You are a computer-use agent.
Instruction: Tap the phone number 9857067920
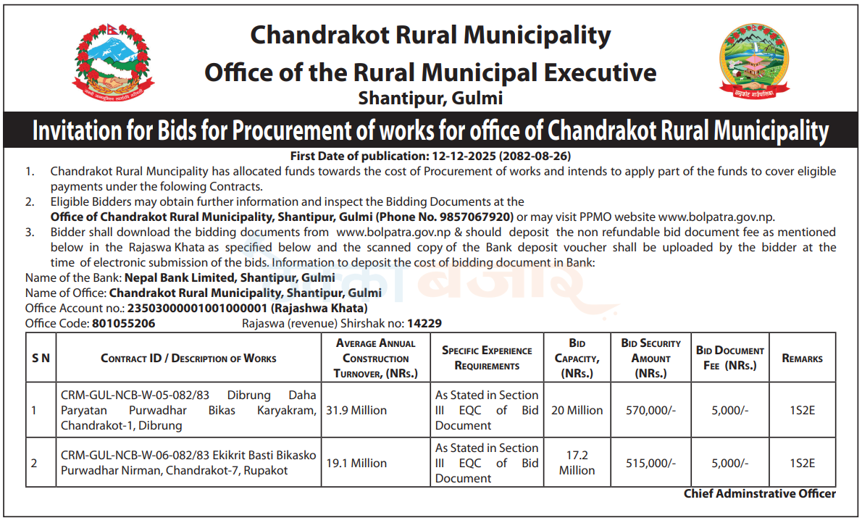pos(475,217)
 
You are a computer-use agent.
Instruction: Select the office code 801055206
pos(124,324)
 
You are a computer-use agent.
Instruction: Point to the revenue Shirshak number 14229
pos(424,324)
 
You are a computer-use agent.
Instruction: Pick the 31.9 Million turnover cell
pos(356,410)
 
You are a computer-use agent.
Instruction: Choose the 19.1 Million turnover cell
pos(356,463)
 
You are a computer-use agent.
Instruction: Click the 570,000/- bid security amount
pos(650,410)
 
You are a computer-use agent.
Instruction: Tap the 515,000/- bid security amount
pos(650,463)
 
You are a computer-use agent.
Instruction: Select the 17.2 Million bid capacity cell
pos(577,463)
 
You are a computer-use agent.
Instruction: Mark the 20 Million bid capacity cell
pos(577,410)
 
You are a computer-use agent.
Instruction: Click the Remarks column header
pos(802,359)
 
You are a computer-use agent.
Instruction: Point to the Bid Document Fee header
pos(729,358)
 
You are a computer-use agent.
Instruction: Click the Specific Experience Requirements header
pos(487,358)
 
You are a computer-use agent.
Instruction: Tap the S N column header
pos(41,359)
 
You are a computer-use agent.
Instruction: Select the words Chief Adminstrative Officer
pos(759,494)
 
